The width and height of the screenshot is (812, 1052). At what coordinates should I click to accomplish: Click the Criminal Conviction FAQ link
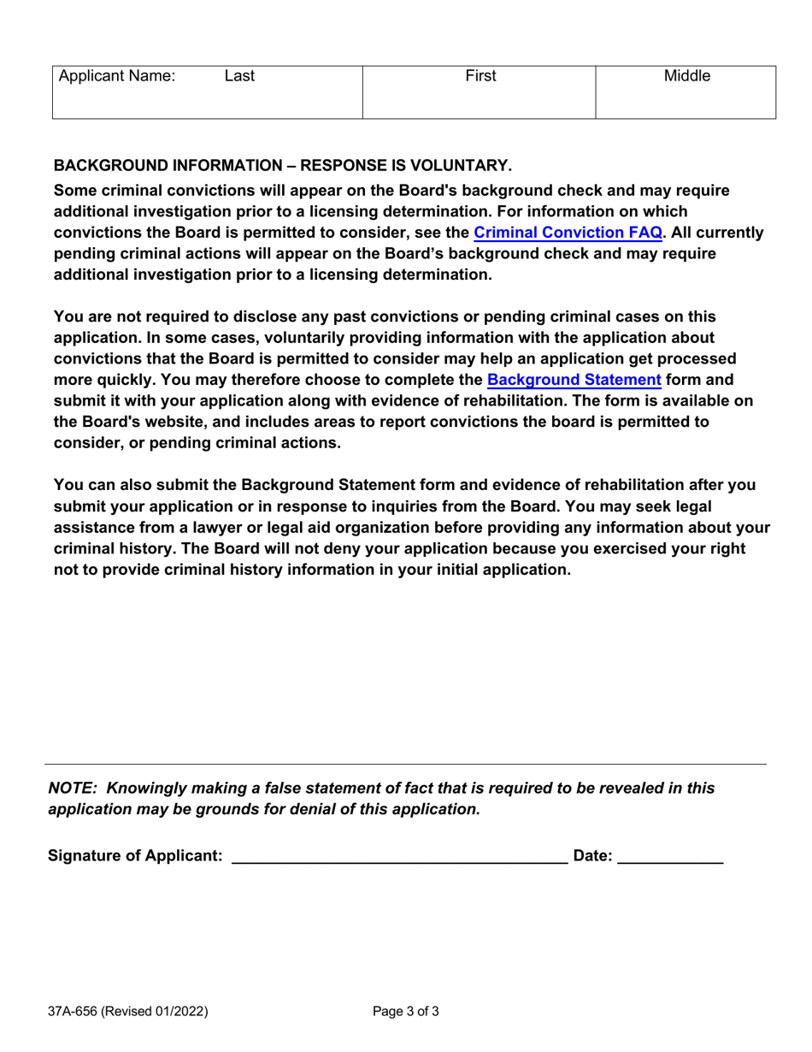(568, 232)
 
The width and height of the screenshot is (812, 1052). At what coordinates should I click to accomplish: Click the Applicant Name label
(116, 76)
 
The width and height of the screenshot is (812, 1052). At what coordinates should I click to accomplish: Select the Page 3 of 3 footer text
(406, 1013)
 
